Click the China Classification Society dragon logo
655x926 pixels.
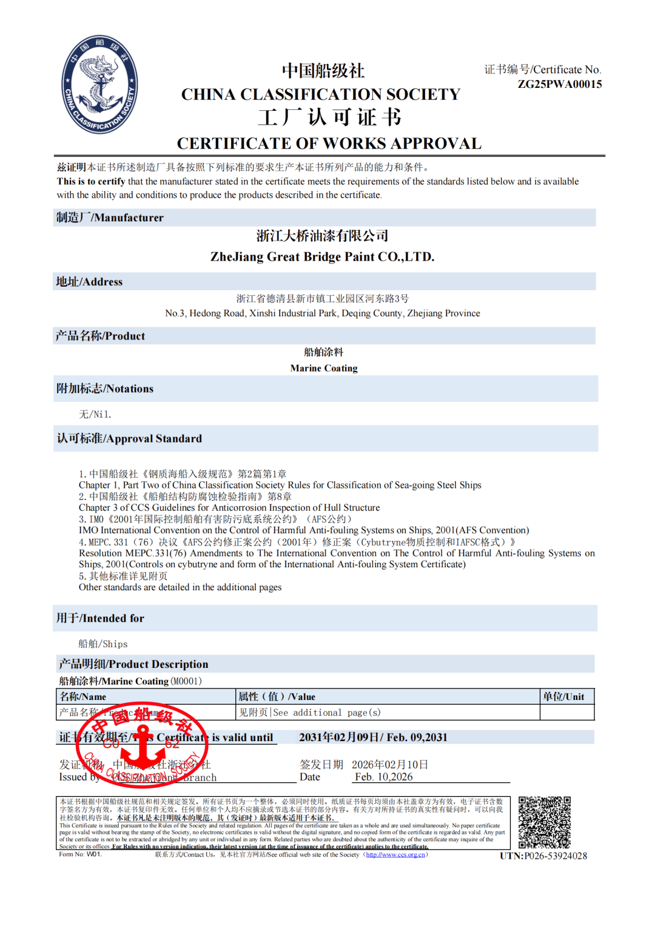[x=99, y=84]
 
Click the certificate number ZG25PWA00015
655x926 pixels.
[x=559, y=84]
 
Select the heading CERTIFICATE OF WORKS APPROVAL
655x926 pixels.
[x=329, y=144]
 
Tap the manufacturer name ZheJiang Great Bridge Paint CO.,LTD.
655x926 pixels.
[x=322, y=257]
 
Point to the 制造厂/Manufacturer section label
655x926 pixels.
[x=110, y=218]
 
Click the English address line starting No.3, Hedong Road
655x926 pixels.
[x=322, y=313]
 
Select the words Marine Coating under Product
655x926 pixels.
[x=324, y=368]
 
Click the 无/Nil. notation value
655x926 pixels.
[x=95, y=415]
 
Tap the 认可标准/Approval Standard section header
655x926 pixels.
[x=129, y=439]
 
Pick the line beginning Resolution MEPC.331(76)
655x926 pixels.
[x=337, y=553]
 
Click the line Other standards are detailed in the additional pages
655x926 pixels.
[x=180, y=587]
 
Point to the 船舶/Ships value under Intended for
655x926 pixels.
[x=103, y=644]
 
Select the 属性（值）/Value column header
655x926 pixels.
[x=277, y=697]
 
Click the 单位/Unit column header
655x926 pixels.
[x=563, y=697]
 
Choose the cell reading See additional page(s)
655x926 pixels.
[x=310, y=713]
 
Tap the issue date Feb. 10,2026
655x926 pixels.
[x=383, y=777]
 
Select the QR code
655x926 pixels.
[x=544, y=822]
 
